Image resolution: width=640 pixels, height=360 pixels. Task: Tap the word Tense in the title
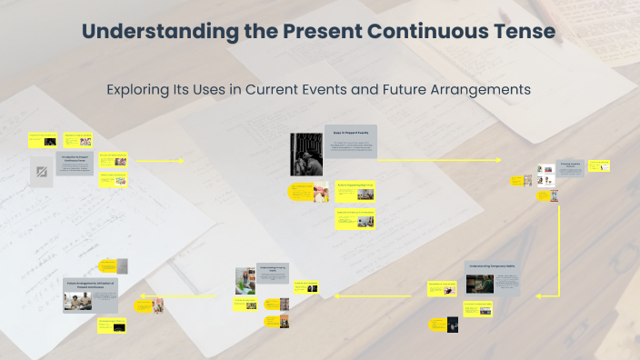click(x=522, y=31)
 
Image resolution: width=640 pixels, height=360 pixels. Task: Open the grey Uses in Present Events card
click(x=350, y=141)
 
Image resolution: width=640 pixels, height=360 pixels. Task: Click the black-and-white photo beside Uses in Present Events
click(x=305, y=154)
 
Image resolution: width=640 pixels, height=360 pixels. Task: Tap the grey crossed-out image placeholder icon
click(x=41, y=172)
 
